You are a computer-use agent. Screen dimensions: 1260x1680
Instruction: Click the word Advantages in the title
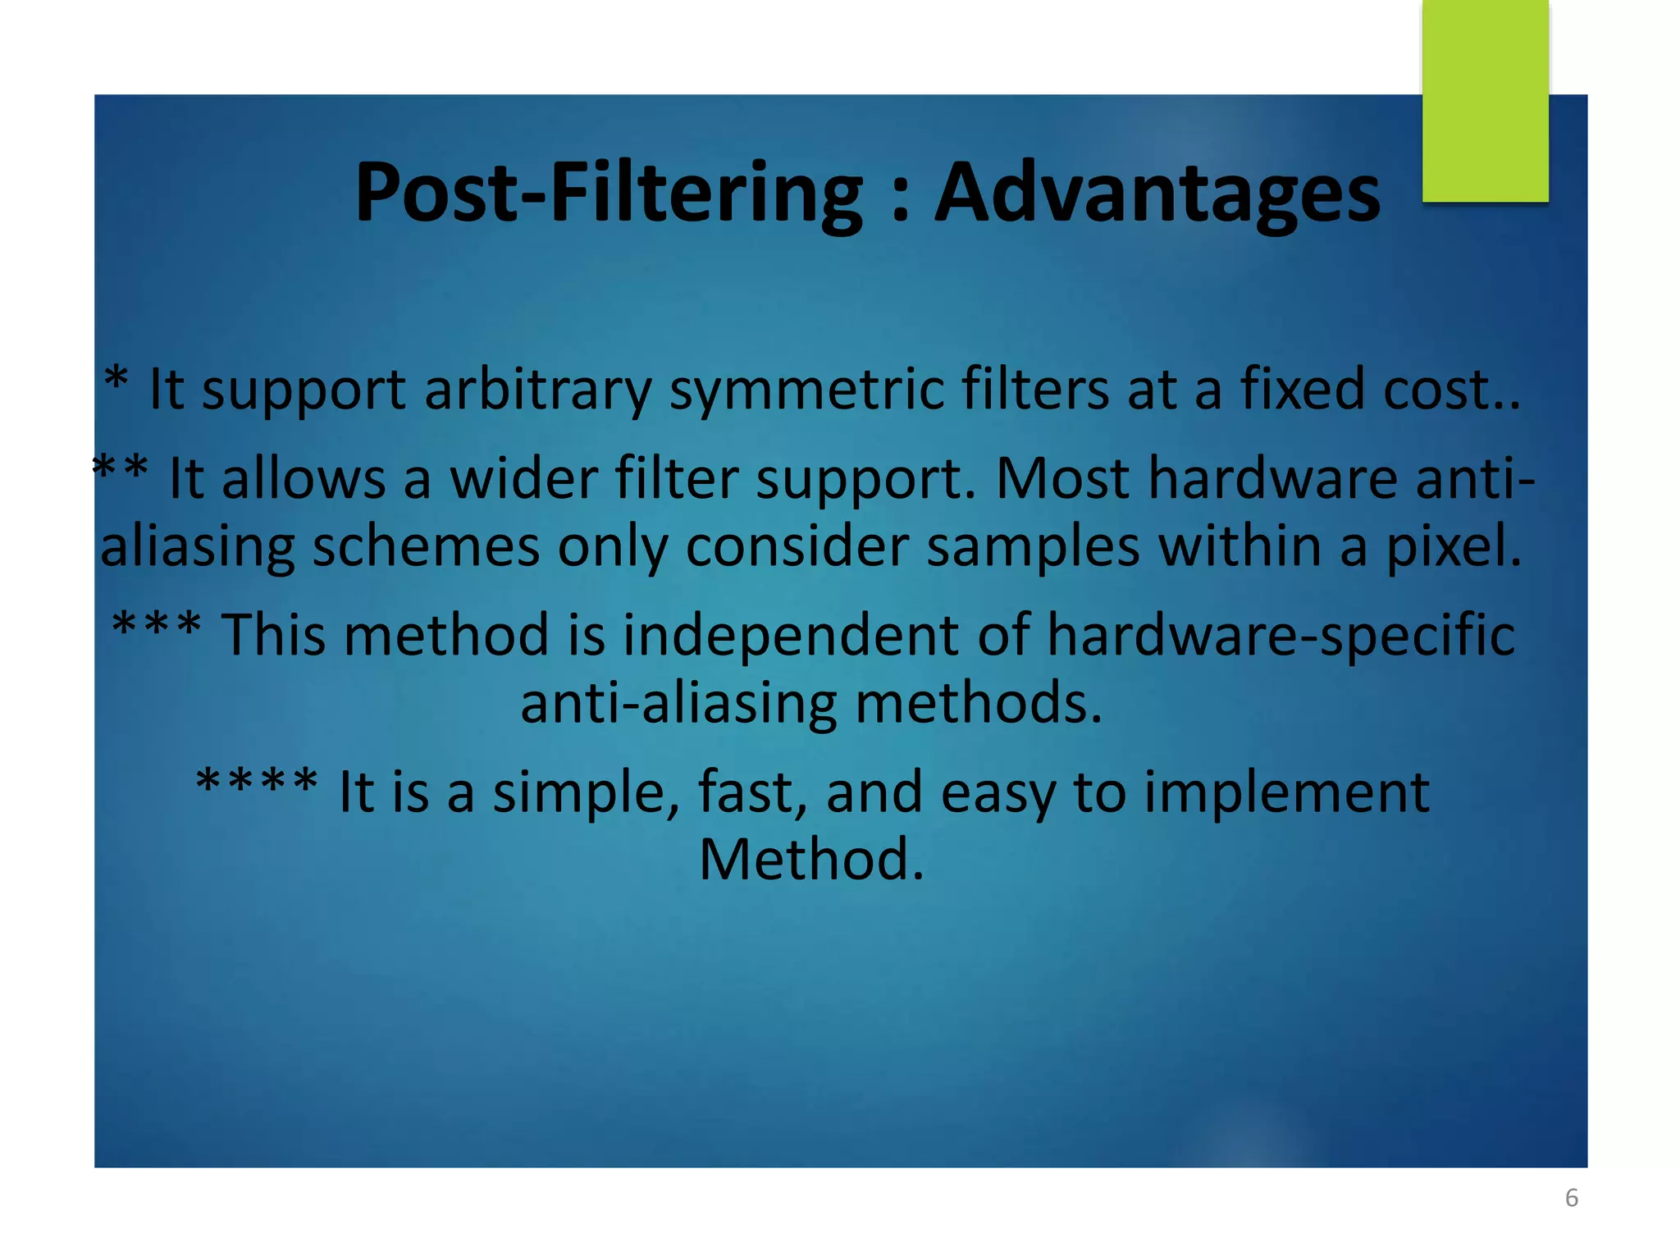[1157, 193]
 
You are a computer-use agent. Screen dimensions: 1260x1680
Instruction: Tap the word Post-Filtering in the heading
[608, 193]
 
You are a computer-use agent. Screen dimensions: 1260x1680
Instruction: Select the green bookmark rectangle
[1485, 100]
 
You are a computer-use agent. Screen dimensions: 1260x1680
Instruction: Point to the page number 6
[1571, 1198]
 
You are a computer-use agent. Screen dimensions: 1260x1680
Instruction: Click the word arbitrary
[537, 389]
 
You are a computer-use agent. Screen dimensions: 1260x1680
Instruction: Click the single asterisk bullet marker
[116, 379]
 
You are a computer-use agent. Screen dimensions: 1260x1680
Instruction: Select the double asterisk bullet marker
[121, 469]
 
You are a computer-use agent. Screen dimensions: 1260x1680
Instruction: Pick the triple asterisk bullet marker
[157, 625]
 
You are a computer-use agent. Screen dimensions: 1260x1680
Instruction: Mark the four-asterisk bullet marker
[257, 781]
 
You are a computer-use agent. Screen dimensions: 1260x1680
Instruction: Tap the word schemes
[426, 546]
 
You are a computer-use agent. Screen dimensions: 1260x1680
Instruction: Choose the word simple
[585, 792]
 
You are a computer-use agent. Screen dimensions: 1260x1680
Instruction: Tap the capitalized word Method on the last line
[810, 860]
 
